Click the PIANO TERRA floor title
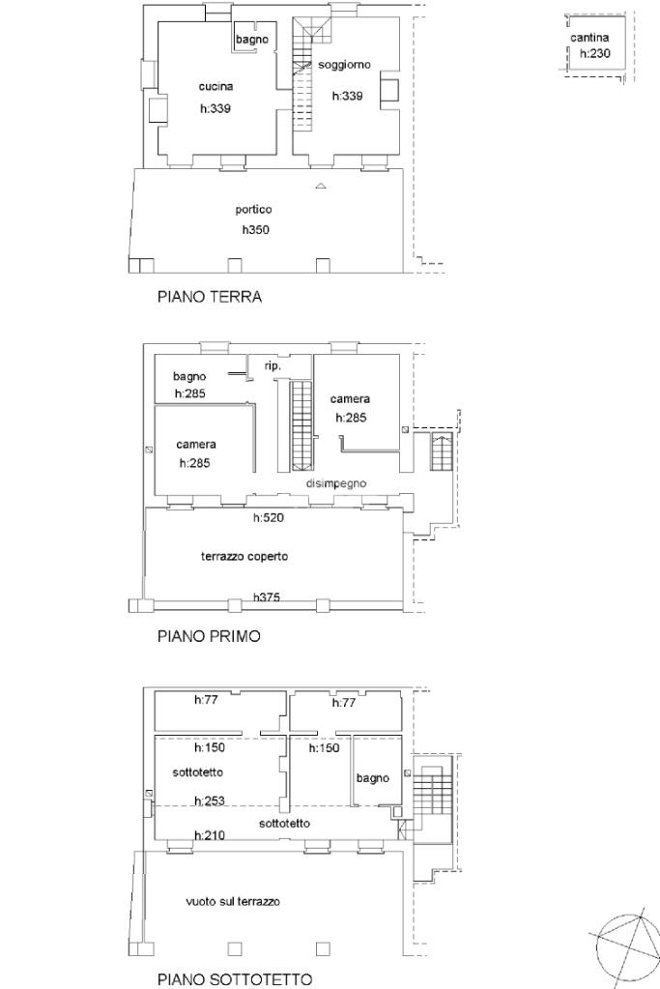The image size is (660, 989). click(x=210, y=297)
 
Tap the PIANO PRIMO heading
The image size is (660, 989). click(x=209, y=636)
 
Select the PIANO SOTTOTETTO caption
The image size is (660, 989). click(x=235, y=979)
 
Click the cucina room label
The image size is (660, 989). click(x=215, y=86)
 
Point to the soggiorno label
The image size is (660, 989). click(x=344, y=65)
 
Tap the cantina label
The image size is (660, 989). click(x=589, y=38)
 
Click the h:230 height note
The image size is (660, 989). click(x=595, y=53)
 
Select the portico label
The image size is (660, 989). click(x=253, y=210)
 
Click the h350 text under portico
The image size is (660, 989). click(x=256, y=229)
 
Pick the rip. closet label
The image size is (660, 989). click(x=273, y=365)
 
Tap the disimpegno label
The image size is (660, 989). click(x=336, y=483)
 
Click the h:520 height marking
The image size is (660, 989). click(x=269, y=518)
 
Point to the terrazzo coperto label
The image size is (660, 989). click(x=244, y=556)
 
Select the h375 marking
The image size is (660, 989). click(x=267, y=596)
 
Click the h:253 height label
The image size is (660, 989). click(x=210, y=801)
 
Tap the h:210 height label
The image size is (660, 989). click(x=210, y=835)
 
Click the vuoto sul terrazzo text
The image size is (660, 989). click(x=233, y=902)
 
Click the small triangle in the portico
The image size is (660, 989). click(x=321, y=186)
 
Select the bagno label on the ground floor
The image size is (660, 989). click(x=252, y=40)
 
